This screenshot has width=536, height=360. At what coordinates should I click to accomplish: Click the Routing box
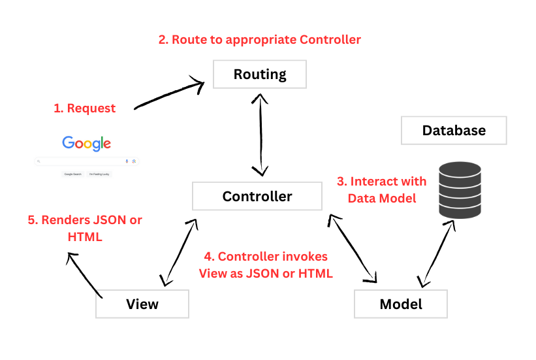point(259,74)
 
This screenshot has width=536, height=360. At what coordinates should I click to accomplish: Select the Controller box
point(257,196)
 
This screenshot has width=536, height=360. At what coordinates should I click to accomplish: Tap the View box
point(142,304)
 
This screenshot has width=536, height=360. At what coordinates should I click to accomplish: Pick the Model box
point(400,304)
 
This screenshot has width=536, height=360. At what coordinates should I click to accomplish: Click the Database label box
point(454,131)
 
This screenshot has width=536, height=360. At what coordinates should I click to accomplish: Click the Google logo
point(87,143)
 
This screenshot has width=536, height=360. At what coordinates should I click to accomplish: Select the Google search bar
point(82,161)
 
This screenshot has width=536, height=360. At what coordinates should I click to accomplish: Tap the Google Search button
point(72,174)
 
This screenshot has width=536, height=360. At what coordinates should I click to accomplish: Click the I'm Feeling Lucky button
point(100,174)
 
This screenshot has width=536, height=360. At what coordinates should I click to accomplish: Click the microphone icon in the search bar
point(126,161)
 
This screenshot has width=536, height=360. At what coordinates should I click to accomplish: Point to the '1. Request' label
point(84,108)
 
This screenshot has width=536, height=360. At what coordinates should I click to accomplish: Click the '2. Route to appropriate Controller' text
point(259,40)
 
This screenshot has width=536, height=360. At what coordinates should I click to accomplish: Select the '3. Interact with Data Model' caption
point(381,189)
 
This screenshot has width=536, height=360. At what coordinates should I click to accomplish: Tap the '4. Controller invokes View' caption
point(266,265)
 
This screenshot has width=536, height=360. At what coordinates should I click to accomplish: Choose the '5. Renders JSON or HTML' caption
point(85,228)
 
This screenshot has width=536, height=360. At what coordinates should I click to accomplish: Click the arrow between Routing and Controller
point(261,134)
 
